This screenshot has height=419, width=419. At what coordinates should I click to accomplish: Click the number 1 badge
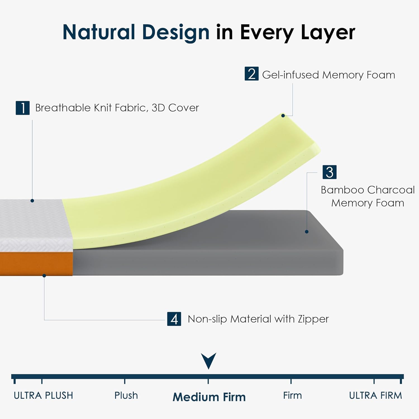coord(23,108)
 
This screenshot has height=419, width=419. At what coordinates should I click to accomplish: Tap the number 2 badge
coord(251,74)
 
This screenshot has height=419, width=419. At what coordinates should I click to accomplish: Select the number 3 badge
coord(329,172)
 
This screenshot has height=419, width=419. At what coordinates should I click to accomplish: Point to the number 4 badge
coord(174,319)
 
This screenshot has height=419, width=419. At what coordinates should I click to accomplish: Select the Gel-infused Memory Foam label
coord(329,75)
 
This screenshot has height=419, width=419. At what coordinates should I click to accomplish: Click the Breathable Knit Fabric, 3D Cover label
coord(117,108)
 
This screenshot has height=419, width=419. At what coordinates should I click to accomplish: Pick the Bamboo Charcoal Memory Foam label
coord(368,196)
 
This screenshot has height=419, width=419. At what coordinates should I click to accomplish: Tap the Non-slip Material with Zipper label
coord(258,319)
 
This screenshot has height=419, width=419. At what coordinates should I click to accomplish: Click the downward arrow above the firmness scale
coord(208,361)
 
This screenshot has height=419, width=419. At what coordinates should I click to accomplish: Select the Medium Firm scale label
coord(209,397)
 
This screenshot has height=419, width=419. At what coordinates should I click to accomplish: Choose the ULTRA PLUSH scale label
coord(43,396)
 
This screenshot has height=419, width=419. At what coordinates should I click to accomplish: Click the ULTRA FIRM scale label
coord(375,396)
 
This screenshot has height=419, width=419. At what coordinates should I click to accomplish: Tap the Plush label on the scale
coord(126,396)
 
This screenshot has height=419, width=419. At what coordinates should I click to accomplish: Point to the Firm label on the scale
coord(292,396)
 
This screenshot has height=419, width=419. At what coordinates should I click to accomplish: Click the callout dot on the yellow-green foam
coord(283,116)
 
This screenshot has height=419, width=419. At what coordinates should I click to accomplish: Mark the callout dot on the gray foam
coord(306,232)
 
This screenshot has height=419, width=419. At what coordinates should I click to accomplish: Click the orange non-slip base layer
coord(36,264)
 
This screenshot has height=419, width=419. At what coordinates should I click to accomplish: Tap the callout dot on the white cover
coord(32,201)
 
